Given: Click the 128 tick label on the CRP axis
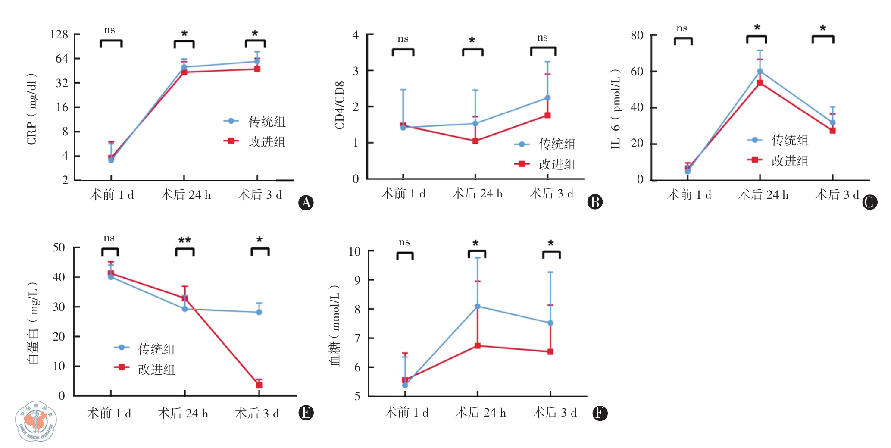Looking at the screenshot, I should (x=59, y=34).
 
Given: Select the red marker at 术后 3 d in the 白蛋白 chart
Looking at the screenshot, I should (x=259, y=385).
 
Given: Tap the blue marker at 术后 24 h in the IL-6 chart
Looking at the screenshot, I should (x=760, y=72).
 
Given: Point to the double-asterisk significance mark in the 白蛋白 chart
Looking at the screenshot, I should (x=184, y=240).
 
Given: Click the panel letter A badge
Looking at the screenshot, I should (x=306, y=202).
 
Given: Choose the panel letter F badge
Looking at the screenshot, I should (x=600, y=413).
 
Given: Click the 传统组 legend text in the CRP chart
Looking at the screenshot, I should (x=267, y=122).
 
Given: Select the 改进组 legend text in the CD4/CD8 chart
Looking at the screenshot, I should (x=557, y=164).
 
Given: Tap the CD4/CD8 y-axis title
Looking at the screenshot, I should (x=340, y=105).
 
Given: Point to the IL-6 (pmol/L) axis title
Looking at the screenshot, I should (x=616, y=109).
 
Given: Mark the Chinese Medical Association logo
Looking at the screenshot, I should (x=36, y=421).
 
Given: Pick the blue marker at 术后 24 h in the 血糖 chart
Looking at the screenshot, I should (x=478, y=307).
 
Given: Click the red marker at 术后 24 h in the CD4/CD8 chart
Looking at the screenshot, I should (x=475, y=141).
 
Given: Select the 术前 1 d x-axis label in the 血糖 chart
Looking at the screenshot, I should (x=406, y=413).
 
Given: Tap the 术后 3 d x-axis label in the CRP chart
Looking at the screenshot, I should (x=260, y=195).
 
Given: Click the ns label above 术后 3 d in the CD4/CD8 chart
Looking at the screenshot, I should (x=542, y=38).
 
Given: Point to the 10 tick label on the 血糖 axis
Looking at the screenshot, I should (x=354, y=251).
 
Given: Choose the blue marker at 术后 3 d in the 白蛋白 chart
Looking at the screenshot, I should (x=259, y=312).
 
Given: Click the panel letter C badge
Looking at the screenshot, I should (x=869, y=202).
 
